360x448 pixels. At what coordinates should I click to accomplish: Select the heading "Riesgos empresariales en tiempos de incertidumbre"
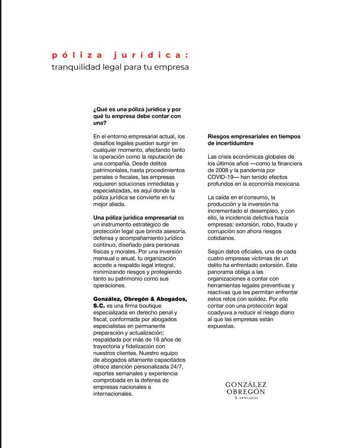tap(254, 140)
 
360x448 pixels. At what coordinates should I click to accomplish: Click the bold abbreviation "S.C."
tap(99, 305)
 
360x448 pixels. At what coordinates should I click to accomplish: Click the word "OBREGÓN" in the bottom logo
tap(246, 392)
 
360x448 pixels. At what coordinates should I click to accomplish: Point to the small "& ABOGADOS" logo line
tap(246, 398)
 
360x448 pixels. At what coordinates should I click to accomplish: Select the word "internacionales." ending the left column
tap(113, 394)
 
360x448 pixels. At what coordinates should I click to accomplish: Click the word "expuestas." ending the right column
tap(221, 326)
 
